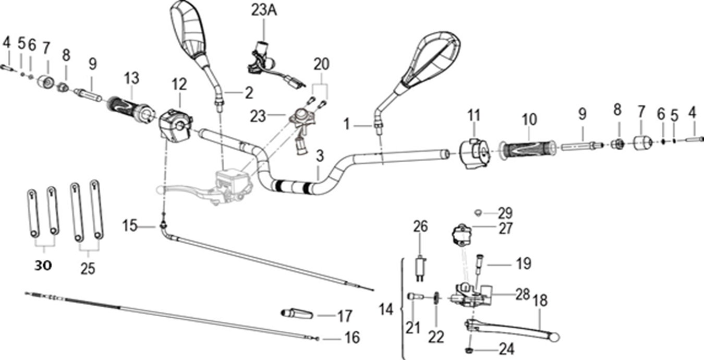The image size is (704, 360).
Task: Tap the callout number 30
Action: pos(43,266)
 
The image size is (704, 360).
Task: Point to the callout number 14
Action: pos(386,309)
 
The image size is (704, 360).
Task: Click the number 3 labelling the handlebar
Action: pos(320,155)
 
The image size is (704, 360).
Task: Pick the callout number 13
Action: pos(131,78)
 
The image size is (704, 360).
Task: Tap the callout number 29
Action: pos(505,213)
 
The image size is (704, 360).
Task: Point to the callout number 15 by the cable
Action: pos(130,226)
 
